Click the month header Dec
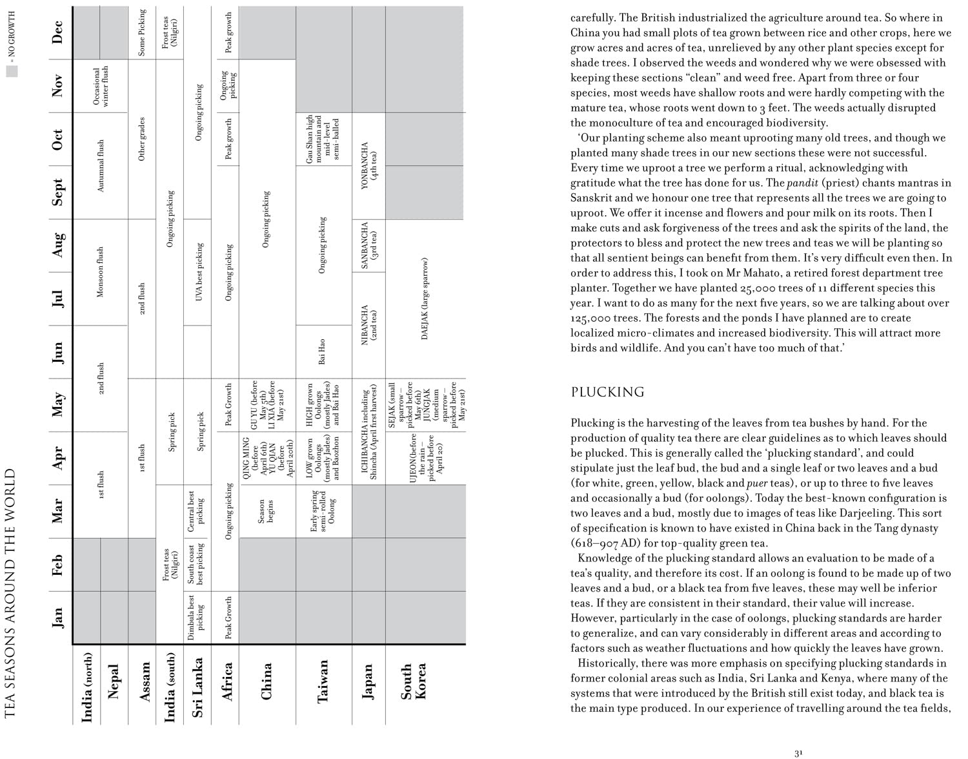coord(57,33)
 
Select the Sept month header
coord(57,192)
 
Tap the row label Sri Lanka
coord(198,687)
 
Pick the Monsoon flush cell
coord(101,272)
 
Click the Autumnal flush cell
coord(101,166)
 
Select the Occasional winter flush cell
coord(101,86)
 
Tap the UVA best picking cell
coord(199,272)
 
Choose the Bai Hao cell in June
coord(322,351)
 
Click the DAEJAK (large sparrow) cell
coord(425,298)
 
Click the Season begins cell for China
coord(266,511)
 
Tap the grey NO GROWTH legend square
coord(12,72)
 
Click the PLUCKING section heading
coord(607,392)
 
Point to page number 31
coord(799,753)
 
